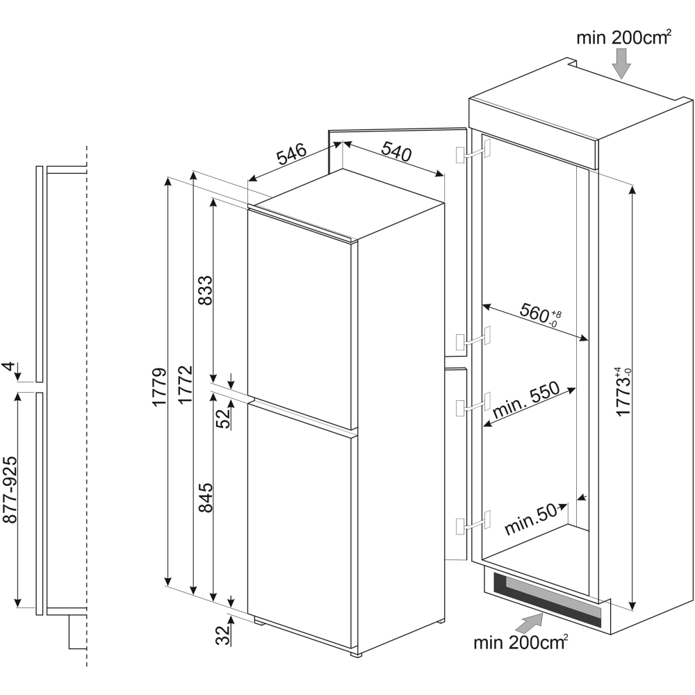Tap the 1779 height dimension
coord(159,386)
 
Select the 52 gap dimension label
coord(222,418)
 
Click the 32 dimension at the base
coord(222,635)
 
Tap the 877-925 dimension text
coord(11,500)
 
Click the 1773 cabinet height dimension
coord(623,391)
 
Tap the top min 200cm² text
coord(623,38)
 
